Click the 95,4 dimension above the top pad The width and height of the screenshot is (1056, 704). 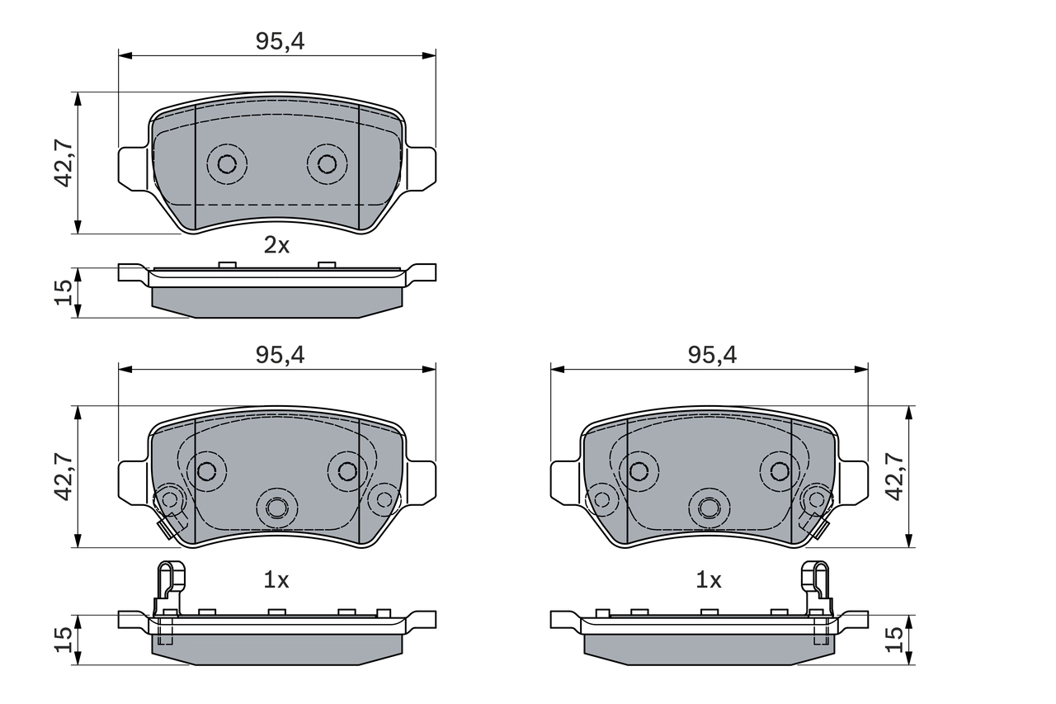pos(280,42)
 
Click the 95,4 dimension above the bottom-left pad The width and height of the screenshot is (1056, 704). pos(280,355)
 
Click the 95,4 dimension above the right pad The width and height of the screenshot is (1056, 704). pos(712,355)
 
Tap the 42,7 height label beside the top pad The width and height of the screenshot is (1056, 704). pos(64,163)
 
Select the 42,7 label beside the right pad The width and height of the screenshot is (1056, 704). pos(894,476)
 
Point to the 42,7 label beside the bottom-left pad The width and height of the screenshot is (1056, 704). pos(64,476)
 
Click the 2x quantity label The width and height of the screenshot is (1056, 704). pos(276,244)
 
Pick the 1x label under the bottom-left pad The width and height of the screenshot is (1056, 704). pos(276,580)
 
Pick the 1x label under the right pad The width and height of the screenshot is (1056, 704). pos(708,580)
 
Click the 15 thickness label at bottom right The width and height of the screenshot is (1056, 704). pos(894,639)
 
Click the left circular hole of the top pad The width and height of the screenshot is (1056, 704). pos(227,163)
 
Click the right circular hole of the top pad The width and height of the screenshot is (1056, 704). pos(327,163)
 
